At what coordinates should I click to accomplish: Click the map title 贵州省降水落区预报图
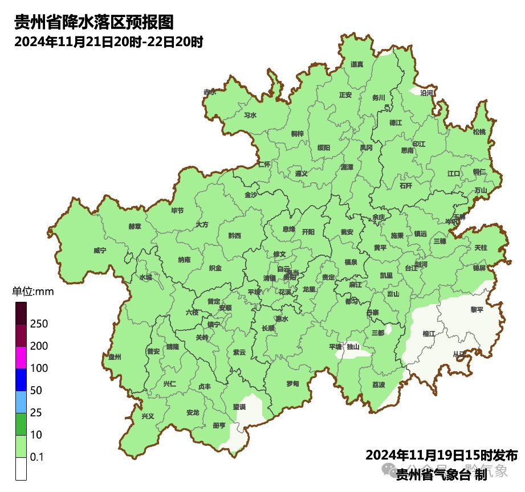93,23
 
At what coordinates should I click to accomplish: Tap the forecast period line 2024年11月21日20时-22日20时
109,42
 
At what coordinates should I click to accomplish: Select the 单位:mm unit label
32,292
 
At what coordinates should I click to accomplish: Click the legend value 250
39,324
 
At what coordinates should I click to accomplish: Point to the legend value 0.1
37,457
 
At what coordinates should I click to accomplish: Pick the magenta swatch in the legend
21,357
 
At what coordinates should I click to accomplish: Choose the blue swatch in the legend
21,379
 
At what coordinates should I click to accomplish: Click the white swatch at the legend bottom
21,469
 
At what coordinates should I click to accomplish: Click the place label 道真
357,64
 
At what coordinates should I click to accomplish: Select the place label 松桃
479,132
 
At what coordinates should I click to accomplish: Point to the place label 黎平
477,310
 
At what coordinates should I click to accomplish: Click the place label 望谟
239,407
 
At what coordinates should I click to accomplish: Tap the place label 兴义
148,416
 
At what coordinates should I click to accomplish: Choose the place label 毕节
177,211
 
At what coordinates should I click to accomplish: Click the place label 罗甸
292,383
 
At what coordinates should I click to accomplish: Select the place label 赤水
210,92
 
